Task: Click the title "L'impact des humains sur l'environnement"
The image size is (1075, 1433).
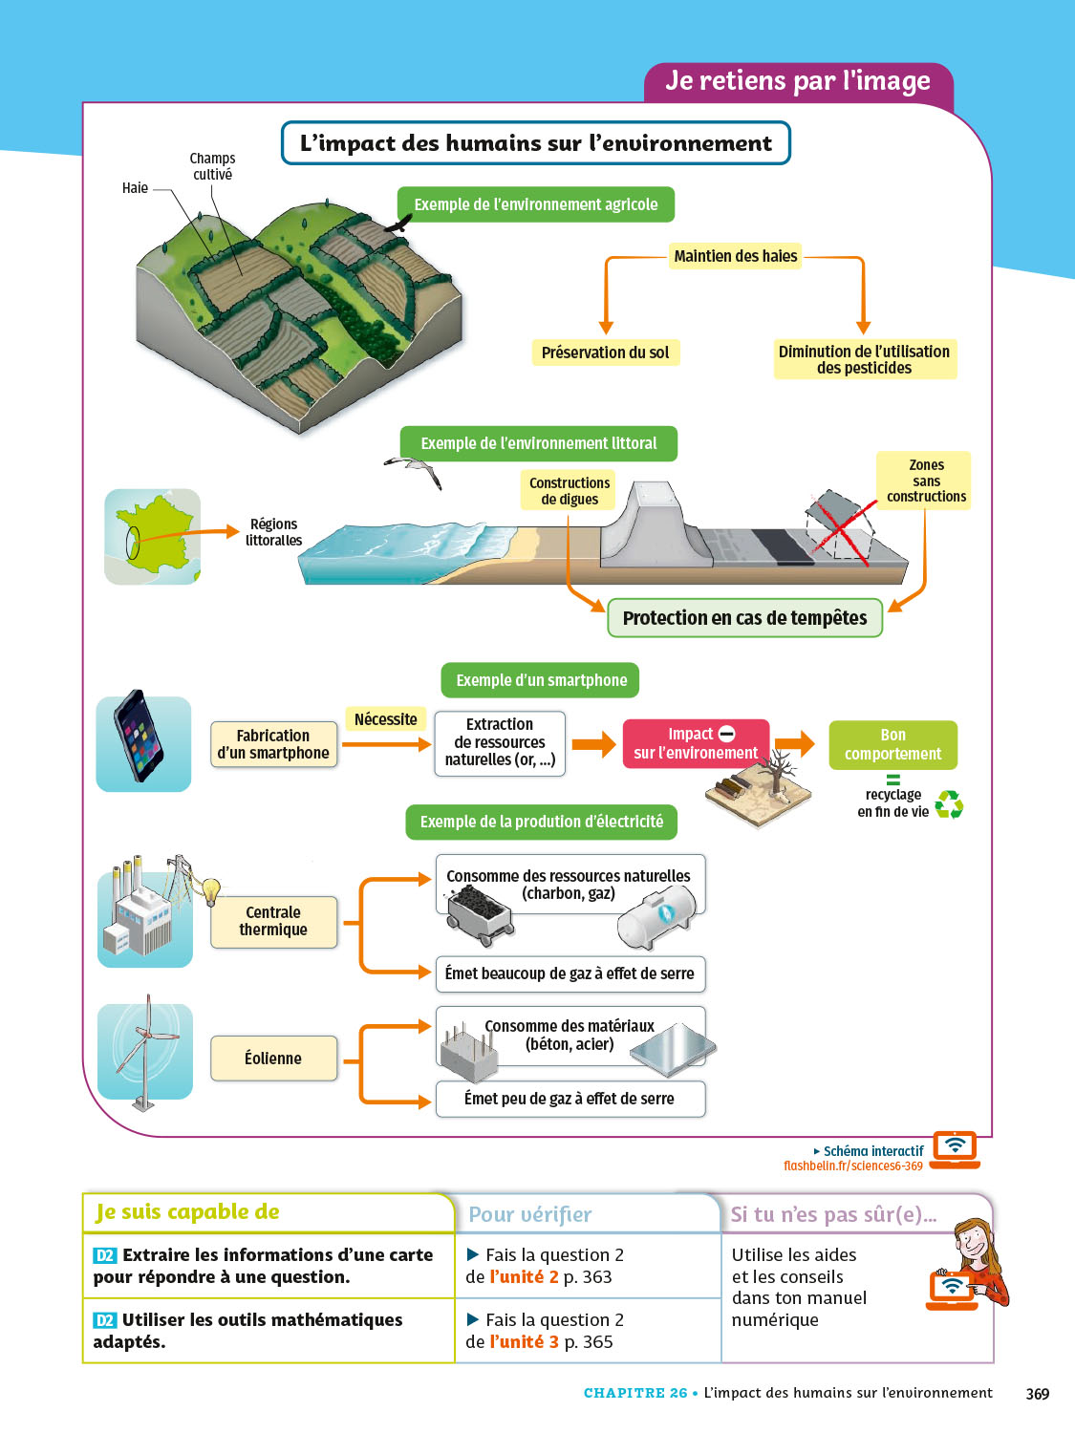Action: (535, 143)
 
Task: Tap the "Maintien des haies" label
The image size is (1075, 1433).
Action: (735, 256)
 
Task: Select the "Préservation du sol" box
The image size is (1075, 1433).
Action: (605, 353)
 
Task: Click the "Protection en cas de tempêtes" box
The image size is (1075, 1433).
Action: (744, 618)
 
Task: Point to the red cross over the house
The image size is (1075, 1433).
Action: (840, 526)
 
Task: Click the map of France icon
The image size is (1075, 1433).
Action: (152, 536)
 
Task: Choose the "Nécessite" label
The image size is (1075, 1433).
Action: (385, 719)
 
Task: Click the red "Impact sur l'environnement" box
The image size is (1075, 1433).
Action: (696, 743)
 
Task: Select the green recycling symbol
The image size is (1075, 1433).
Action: (949, 804)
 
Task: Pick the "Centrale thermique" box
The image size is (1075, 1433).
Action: (273, 921)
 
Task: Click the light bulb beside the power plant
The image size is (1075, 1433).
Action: (211, 891)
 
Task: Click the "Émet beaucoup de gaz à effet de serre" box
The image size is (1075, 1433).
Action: (570, 973)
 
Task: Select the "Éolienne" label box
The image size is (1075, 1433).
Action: (273, 1058)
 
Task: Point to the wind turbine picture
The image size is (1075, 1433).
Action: (144, 1051)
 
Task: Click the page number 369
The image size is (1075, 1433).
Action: (1037, 1394)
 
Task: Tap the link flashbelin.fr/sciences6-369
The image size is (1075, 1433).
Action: (852, 1166)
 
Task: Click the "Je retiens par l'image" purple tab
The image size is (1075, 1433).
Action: (798, 81)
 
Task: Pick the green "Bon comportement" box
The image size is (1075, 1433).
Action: (892, 744)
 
